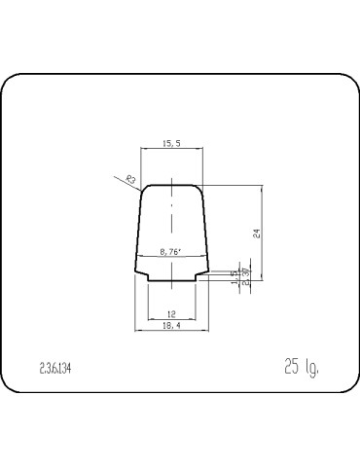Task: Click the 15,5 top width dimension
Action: click(x=171, y=143)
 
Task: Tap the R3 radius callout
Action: click(x=129, y=178)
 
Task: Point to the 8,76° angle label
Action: click(x=171, y=250)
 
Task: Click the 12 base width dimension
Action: click(x=171, y=313)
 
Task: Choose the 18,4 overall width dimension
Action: click(x=171, y=326)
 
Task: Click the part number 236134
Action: click(x=55, y=371)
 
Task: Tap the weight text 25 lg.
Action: click(x=302, y=368)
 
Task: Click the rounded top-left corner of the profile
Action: click(x=145, y=188)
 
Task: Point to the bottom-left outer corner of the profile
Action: click(x=134, y=271)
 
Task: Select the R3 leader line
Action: click(x=137, y=182)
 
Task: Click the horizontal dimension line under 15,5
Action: click(x=171, y=149)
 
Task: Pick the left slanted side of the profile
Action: click(x=138, y=229)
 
